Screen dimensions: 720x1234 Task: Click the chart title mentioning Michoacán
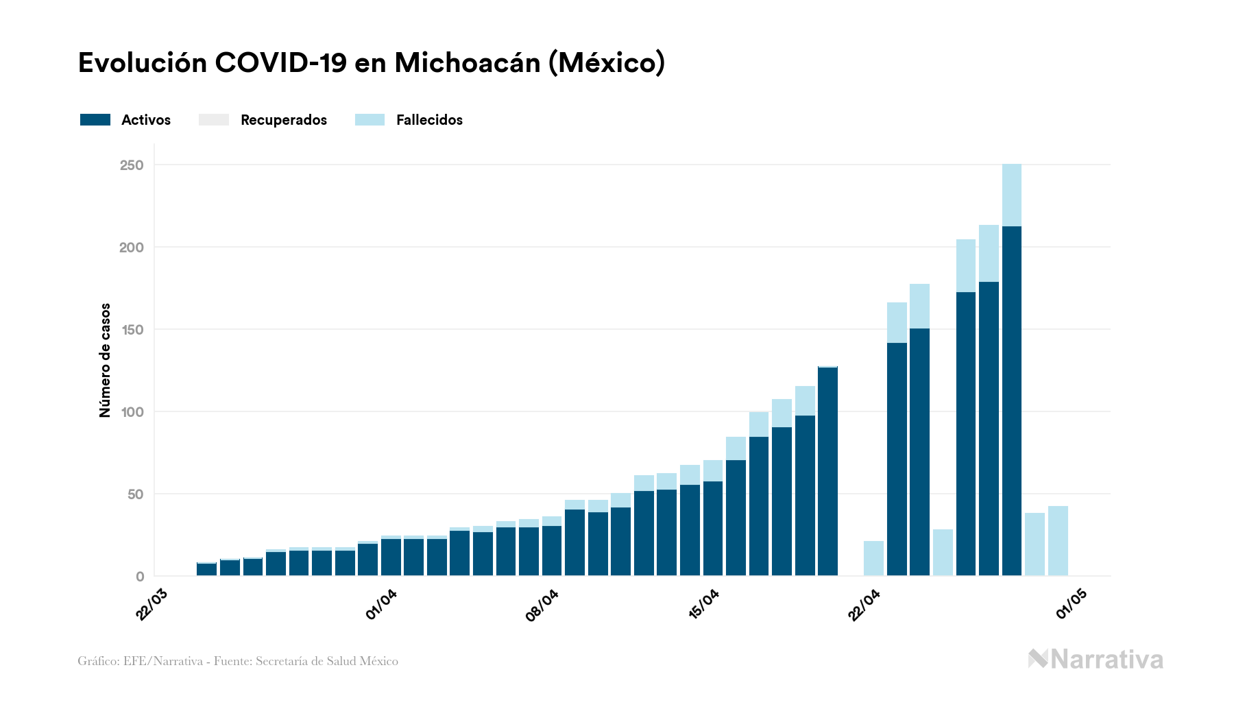tap(371, 63)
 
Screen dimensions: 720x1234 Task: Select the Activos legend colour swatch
tap(95, 120)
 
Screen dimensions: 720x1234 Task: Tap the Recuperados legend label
tap(284, 120)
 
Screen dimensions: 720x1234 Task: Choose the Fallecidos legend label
tap(429, 120)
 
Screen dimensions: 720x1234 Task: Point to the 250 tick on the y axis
tap(132, 165)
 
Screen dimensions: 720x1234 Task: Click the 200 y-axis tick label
tap(132, 248)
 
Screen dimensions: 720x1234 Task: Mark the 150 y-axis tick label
tap(132, 330)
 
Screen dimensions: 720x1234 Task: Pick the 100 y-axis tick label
tap(132, 412)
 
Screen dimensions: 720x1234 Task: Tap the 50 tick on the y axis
tap(135, 494)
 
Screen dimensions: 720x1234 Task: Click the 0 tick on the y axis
tap(140, 577)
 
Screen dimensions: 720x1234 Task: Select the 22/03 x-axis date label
tap(152, 604)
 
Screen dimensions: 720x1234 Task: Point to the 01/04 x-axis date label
tap(381, 604)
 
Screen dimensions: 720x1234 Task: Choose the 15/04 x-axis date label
tap(703, 604)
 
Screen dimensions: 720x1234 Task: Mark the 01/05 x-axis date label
tap(1072, 604)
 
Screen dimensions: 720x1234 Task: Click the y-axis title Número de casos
tap(105, 360)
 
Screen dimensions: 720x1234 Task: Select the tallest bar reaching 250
tap(1011, 370)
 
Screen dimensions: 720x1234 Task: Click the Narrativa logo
tap(1096, 660)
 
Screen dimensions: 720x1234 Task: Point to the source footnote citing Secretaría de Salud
tap(238, 661)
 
